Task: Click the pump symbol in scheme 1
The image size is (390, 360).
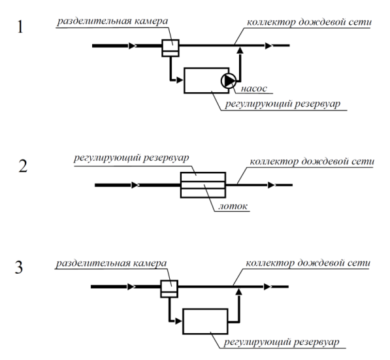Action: [x=229, y=80]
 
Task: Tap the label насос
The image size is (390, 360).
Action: [x=254, y=89]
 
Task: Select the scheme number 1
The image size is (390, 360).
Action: [x=20, y=27]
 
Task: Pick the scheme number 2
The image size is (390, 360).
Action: [x=23, y=166]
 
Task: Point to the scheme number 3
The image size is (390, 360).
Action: [x=19, y=268]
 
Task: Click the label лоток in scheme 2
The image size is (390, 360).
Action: [x=233, y=206]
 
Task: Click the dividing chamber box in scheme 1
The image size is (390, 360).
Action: [x=171, y=48]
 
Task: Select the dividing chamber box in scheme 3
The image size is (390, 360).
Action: [x=169, y=289]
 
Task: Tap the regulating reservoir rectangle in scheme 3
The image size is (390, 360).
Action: [x=205, y=321]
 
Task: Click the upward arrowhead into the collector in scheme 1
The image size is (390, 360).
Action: [x=240, y=50]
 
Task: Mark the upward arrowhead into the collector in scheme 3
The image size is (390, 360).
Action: [x=238, y=291]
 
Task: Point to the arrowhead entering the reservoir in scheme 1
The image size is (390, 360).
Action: [x=180, y=80]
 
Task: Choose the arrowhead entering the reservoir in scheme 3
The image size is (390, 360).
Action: [x=178, y=321]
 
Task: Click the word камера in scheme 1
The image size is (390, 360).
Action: [x=151, y=21]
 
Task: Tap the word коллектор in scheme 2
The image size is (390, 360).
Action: [x=274, y=162]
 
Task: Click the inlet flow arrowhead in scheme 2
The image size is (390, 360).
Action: [x=136, y=185]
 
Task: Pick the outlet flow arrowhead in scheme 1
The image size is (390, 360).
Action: [x=268, y=46]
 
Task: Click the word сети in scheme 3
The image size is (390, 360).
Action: [x=361, y=263]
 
